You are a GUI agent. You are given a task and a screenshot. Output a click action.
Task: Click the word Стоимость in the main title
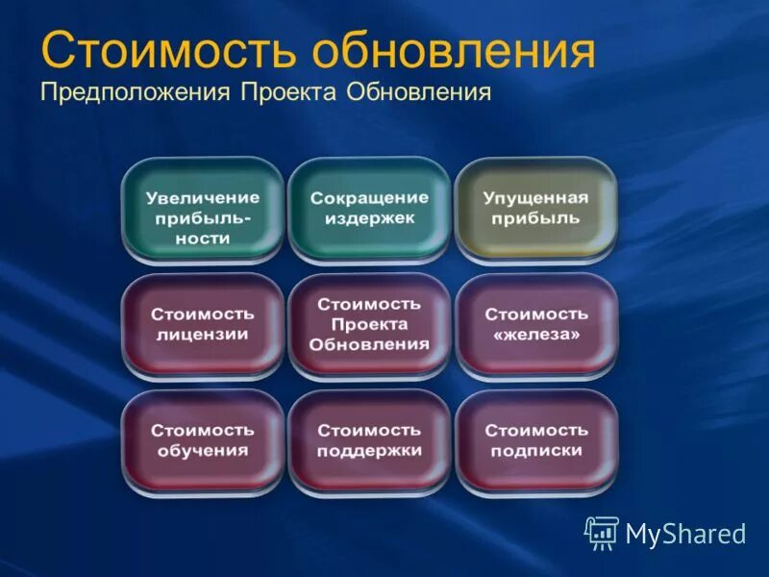(x=169, y=52)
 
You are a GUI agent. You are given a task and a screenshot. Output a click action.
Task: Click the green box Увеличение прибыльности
(x=203, y=211)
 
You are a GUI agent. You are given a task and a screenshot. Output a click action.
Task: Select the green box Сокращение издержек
(x=369, y=209)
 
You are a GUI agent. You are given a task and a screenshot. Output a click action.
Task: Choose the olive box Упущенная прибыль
(x=535, y=209)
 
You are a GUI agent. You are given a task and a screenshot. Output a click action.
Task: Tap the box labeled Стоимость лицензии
(x=203, y=325)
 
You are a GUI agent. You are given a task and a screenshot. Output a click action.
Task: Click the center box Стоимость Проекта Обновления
(x=369, y=325)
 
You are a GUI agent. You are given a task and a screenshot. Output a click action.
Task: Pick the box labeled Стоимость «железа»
(x=535, y=325)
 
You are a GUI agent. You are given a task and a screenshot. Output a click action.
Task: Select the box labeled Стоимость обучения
(x=203, y=440)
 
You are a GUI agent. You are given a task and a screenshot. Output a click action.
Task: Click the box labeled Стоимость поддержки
(x=369, y=440)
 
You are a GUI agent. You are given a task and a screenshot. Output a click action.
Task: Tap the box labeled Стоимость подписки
(x=535, y=440)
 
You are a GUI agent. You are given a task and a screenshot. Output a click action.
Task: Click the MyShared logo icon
(x=602, y=533)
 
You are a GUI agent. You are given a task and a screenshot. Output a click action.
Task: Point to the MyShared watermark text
(x=685, y=535)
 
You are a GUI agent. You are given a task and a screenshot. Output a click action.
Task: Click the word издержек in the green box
(x=369, y=219)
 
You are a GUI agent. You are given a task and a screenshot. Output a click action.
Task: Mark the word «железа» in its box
(x=535, y=336)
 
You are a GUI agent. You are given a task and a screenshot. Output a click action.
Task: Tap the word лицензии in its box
(x=203, y=336)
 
